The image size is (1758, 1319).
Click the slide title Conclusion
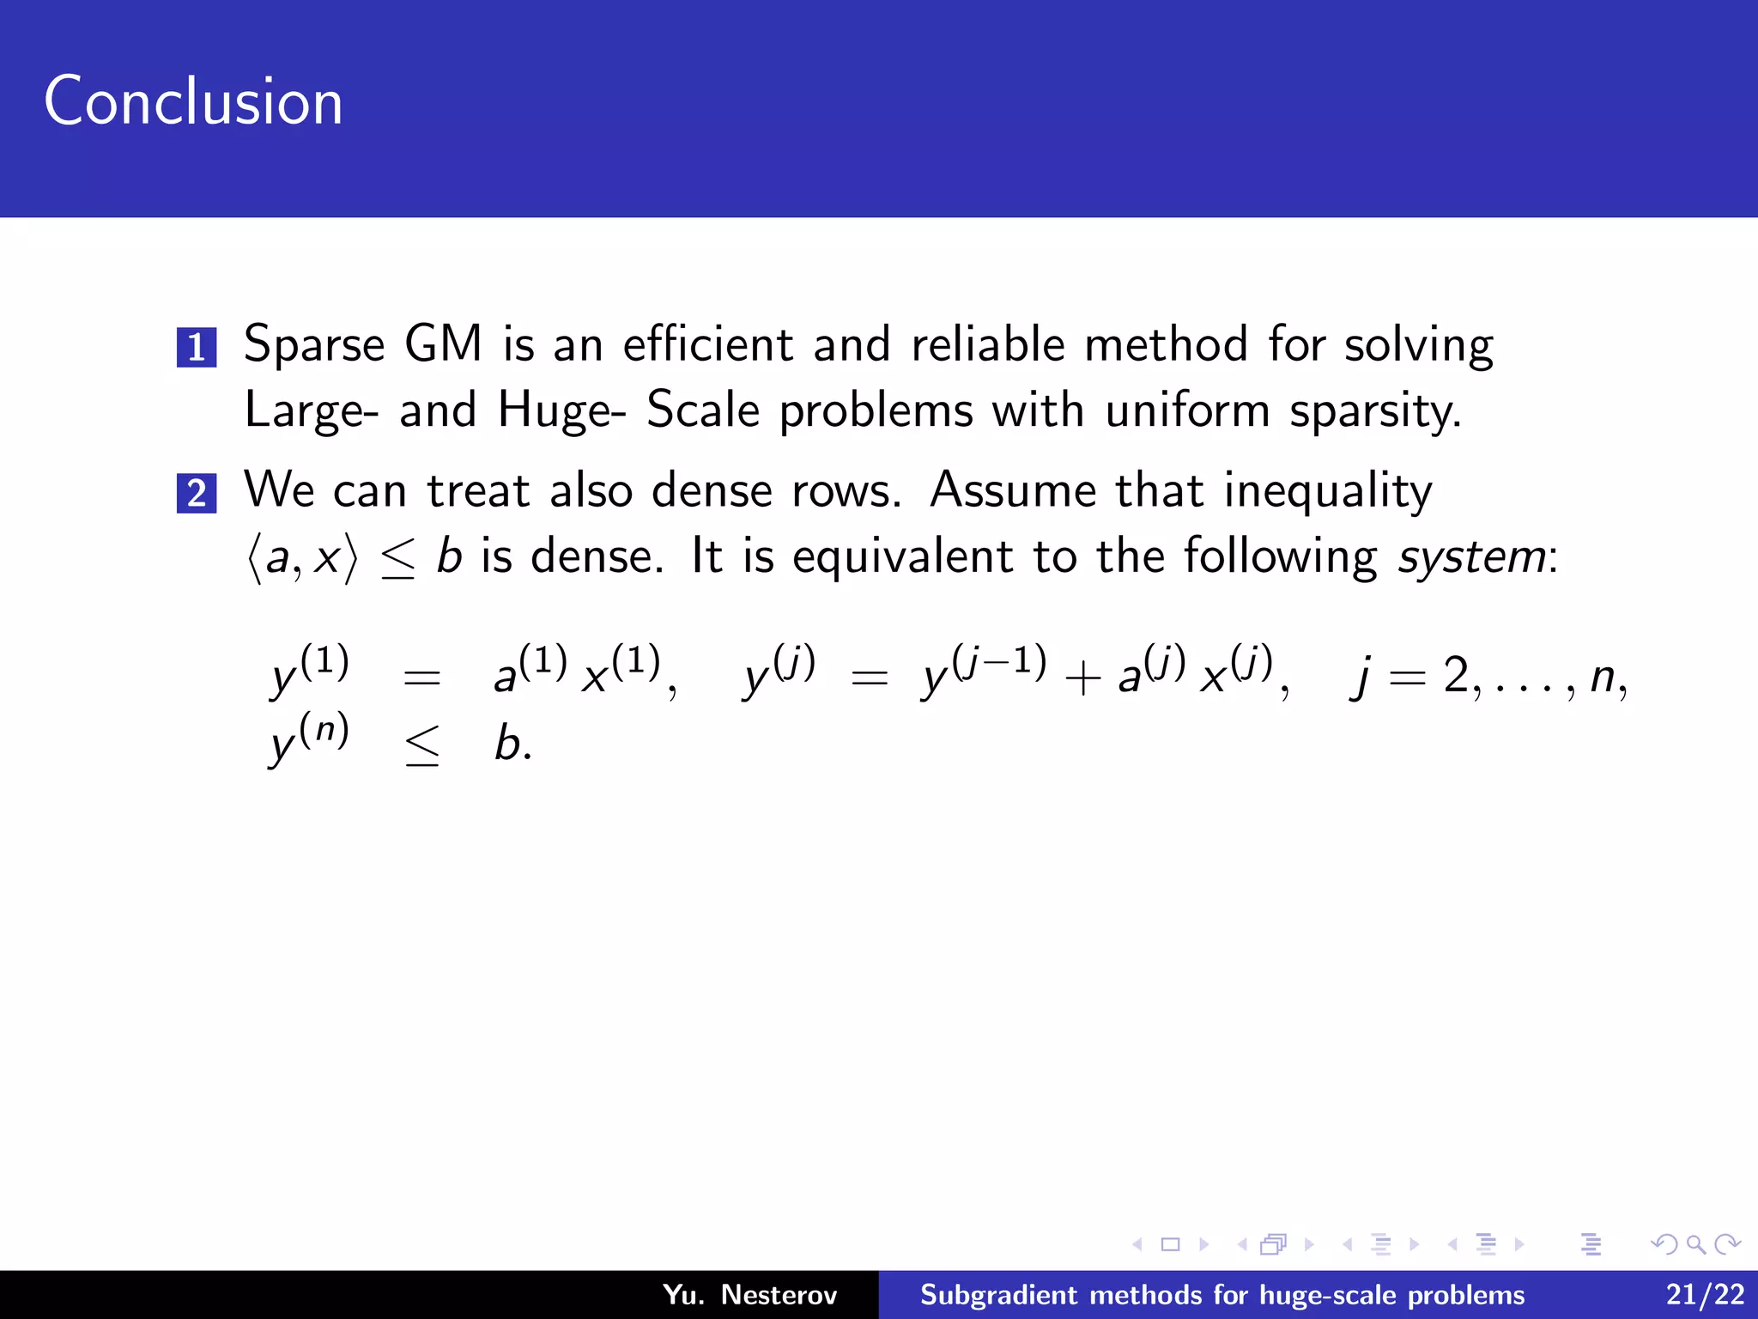(x=193, y=101)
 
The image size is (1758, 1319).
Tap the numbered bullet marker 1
(x=197, y=347)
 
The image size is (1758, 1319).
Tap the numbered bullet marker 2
(x=197, y=493)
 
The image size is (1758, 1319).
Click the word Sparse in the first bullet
(x=314, y=345)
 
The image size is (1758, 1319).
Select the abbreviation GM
(x=443, y=343)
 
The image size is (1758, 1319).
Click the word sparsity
(x=1375, y=411)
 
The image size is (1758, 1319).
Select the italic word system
(x=1472, y=557)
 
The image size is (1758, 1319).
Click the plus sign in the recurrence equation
(x=1082, y=678)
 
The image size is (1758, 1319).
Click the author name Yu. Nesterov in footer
(x=749, y=1295)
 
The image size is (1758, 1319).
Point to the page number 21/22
(x=1705, y=1295)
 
